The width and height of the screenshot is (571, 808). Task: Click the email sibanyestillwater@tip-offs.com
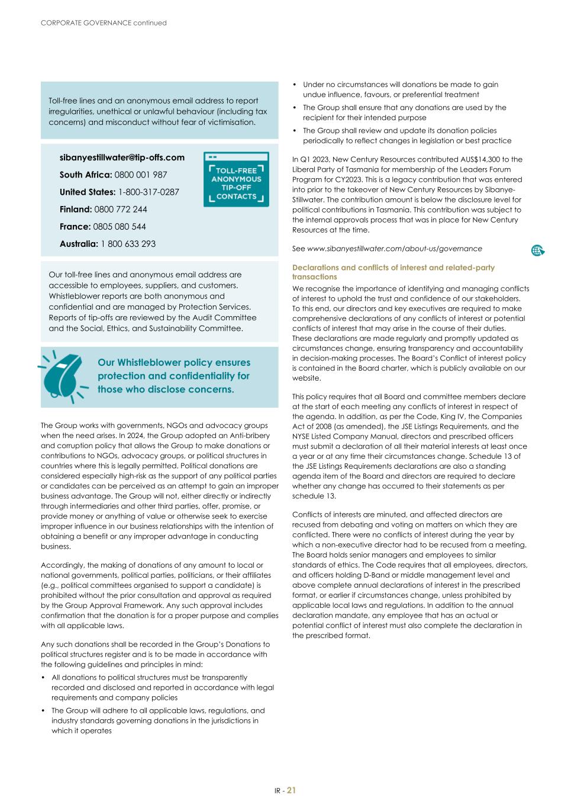click(x=122, y=157)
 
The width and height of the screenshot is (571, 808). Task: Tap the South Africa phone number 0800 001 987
click(x=141, y=175)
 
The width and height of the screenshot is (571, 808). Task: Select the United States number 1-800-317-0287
click(x=149, y=192)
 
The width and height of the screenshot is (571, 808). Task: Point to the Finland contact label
click(x=76, y=209)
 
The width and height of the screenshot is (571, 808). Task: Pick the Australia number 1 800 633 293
click(x=128, y=244)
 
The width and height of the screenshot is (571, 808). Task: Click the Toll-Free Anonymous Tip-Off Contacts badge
click(x=236, y=179)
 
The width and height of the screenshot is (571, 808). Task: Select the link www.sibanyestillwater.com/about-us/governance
click(x=394, y=249)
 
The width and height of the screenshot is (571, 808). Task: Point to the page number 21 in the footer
click(x=292, y=790)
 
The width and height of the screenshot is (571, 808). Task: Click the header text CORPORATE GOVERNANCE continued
click(x=104, y=23)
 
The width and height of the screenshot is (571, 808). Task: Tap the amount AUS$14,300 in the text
click(x=481, y=159)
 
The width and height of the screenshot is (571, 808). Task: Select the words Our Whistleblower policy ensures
click(x=173, y=362)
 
